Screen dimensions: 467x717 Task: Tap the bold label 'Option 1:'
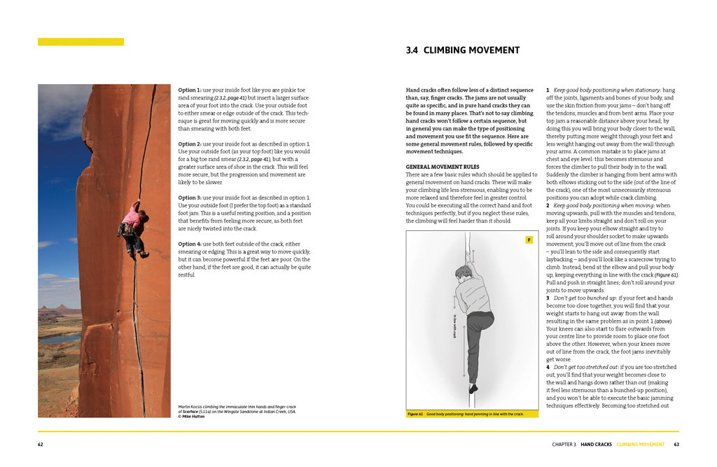[x=189, y=90]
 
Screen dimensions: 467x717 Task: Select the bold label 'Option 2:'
[x=189, y=144]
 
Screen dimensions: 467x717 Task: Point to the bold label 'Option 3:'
[x=189, y=198]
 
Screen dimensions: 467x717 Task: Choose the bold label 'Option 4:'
[x=189, y=244]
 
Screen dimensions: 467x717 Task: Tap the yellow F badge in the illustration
[x=529, y=240]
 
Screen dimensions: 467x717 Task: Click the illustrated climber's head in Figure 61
[x=462, y=272]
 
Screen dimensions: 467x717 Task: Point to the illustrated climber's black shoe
[x=474, y=387]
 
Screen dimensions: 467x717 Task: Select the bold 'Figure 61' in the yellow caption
[x=416, y=414]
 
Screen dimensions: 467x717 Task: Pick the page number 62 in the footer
[x=41, y=444]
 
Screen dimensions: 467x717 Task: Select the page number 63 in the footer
[x=676, y=444]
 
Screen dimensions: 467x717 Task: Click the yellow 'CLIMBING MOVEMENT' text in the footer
[x=641, y=444]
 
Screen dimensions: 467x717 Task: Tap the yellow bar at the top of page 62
[x=81, y=42]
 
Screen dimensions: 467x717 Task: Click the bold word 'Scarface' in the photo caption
[x=190, y=412]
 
